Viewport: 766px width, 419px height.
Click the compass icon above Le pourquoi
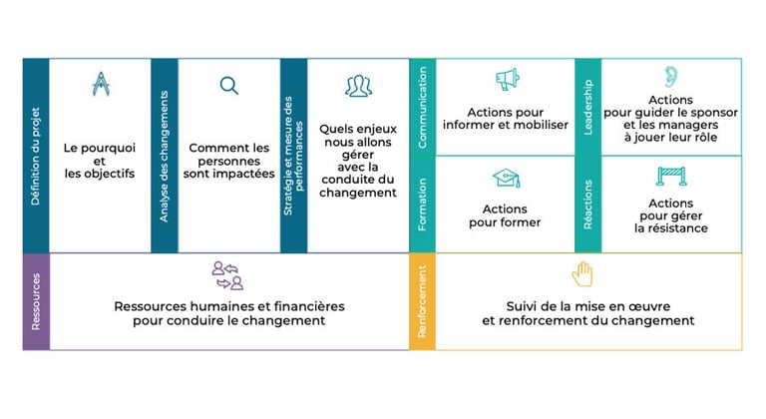(x=100, y=85)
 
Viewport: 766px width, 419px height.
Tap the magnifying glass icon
(x=229, y=86)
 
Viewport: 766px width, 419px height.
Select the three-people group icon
(x=358, y=87)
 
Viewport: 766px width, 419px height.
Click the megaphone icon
(x=507, y=80)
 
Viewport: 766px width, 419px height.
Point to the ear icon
(x=670, y=76)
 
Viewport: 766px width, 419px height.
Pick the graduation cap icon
(x=507, y=179)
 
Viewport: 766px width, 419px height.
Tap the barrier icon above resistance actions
(x=670, y=177)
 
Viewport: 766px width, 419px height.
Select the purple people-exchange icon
(x=228, y=275)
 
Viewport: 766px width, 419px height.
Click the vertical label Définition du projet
(x=36, y=156)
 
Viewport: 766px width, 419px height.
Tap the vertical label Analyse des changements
(x=165, y=156)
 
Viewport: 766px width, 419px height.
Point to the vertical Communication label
(x=423, y=107)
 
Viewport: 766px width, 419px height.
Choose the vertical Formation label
(x=423, y=205)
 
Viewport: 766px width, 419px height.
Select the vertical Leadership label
(x=587, y=107)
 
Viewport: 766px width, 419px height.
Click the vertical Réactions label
(x=587, y=205)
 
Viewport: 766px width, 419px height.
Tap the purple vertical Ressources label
(x=36, y=301)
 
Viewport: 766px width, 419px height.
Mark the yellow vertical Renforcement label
(x=423, y=301)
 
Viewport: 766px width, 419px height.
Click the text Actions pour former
(x=505, y=215)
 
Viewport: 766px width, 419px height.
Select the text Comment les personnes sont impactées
(x=228, y=160)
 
